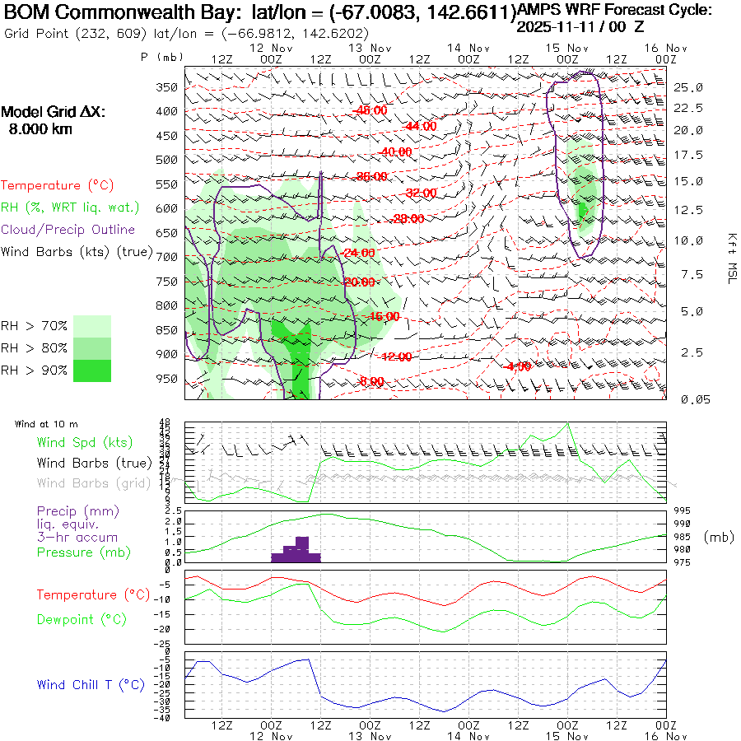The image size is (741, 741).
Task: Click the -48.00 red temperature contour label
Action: click(x=370, y=110)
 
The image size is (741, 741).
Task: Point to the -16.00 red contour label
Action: click(x=384, y=316)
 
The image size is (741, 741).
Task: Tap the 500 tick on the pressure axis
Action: click(x=167, y=160)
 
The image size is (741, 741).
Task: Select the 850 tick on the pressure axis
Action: click(x=167, y=331)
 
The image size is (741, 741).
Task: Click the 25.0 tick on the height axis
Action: click(x=688, y=87)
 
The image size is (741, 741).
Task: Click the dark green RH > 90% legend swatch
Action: click(x=92, y=370)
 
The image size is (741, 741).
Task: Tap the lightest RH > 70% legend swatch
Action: click(x=92, y=326)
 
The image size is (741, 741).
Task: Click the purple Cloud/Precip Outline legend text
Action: click(x=68, y=230)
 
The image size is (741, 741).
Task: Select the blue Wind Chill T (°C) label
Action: click(x=91, y=684)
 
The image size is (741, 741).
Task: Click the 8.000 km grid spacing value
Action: click(x=40, y=129)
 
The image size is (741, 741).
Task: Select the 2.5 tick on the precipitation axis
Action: click(x=173, y=511)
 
